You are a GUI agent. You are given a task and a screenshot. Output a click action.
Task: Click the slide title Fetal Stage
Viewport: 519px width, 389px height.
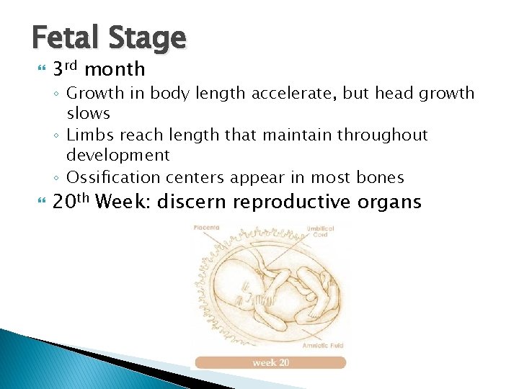tap(109, 37)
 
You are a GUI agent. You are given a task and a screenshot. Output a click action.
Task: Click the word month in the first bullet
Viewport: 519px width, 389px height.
tap(115, 69)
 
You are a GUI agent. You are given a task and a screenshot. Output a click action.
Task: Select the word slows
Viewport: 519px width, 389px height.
tap(88, 113)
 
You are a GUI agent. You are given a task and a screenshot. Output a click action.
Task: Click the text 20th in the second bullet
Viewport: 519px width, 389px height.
tap(71, 201)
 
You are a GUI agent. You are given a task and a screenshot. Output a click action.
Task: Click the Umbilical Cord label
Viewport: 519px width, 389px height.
tap(322, 231)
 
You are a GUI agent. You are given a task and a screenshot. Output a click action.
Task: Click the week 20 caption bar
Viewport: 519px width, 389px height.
tap(270, 362)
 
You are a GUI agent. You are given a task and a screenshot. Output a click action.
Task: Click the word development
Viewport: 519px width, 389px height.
tap(117, 155)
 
